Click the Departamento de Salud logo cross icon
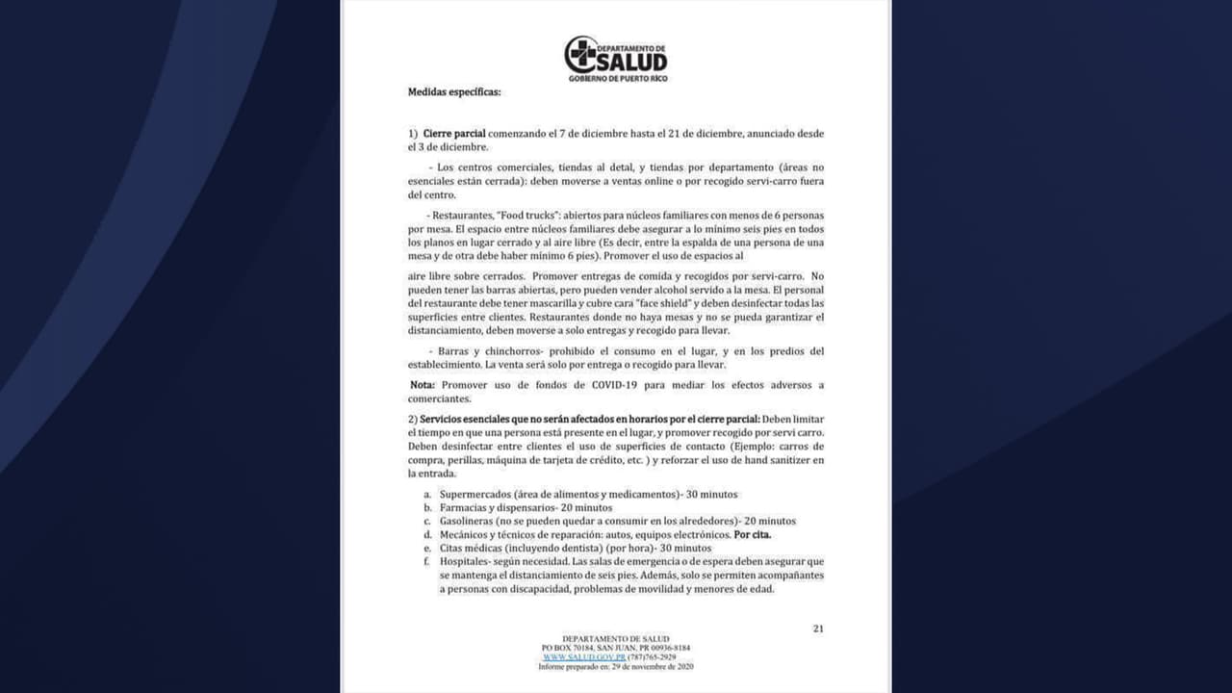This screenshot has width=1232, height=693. [580, 54]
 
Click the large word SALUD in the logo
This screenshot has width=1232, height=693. [631, 62]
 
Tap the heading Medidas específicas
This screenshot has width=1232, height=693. [454, 92]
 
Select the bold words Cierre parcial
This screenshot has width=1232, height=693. [454, 133]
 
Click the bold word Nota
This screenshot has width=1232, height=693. [423, 385]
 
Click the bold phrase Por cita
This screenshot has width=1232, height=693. [752, 534]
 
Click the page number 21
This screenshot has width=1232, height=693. [818, 629]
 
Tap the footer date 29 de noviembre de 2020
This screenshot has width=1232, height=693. [646, 666]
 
